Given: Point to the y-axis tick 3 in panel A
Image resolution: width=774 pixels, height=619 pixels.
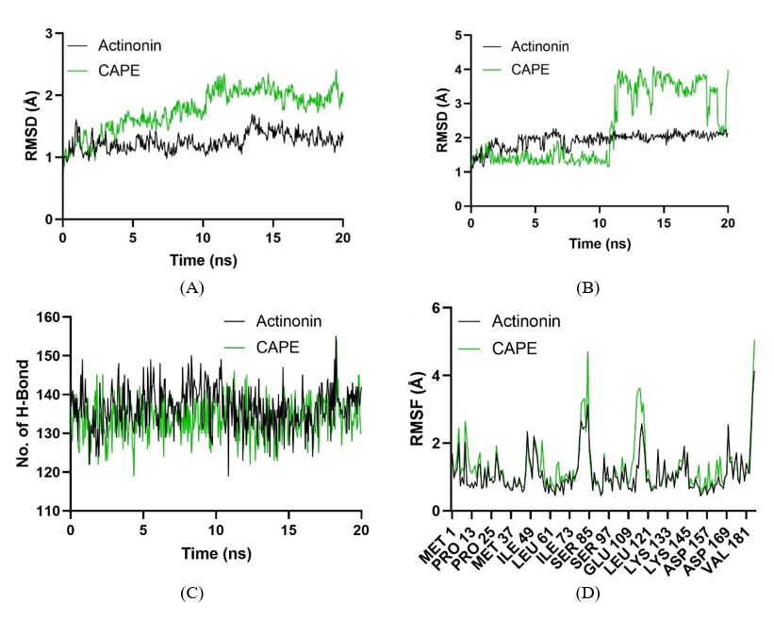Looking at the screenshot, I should [46, 35].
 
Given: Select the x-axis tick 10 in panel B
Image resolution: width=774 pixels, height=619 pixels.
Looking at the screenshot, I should [599, 221].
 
